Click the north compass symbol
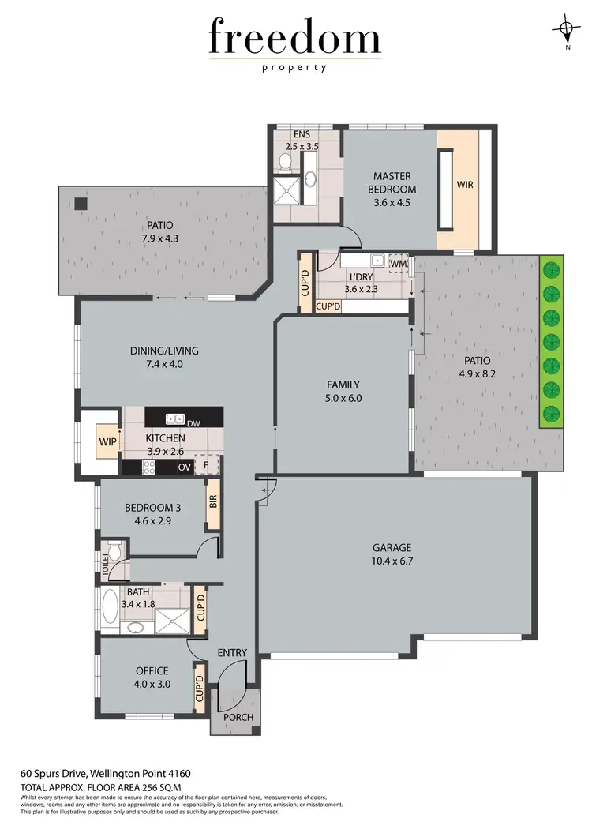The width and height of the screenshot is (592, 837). tap(566, 31)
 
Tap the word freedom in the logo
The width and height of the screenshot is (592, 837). tap(294, 38)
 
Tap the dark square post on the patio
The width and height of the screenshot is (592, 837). tap(81, 203)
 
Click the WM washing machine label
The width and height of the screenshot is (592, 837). tap(399, 262)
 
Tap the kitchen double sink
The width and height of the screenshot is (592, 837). tap(175, 418)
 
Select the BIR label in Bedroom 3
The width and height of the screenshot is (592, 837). tap(212, 501)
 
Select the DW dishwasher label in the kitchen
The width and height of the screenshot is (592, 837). tap(193, 424)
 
